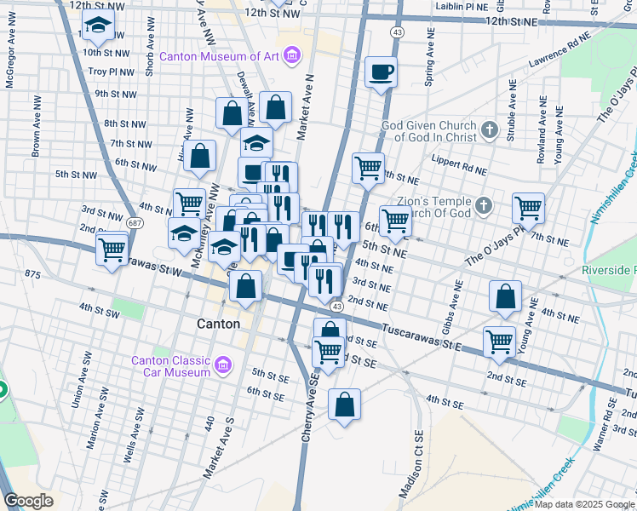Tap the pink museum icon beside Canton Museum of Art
click(x=292, y=57)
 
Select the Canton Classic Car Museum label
click(x=170, y=366)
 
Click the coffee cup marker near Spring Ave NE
click(x=381, y=72)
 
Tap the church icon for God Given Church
click(x=489, y=130)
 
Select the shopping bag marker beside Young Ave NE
click(x=505, y=296)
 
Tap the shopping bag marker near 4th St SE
click(x=344, y=405)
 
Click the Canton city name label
click(x=218, y=324)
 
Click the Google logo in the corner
click(x=28, y=501)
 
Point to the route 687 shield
click(x=135, y=221)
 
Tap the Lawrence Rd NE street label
click(x=559, y=51)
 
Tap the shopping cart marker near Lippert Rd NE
click(x=368, y=167)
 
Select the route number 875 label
click(x=33, y=274)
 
